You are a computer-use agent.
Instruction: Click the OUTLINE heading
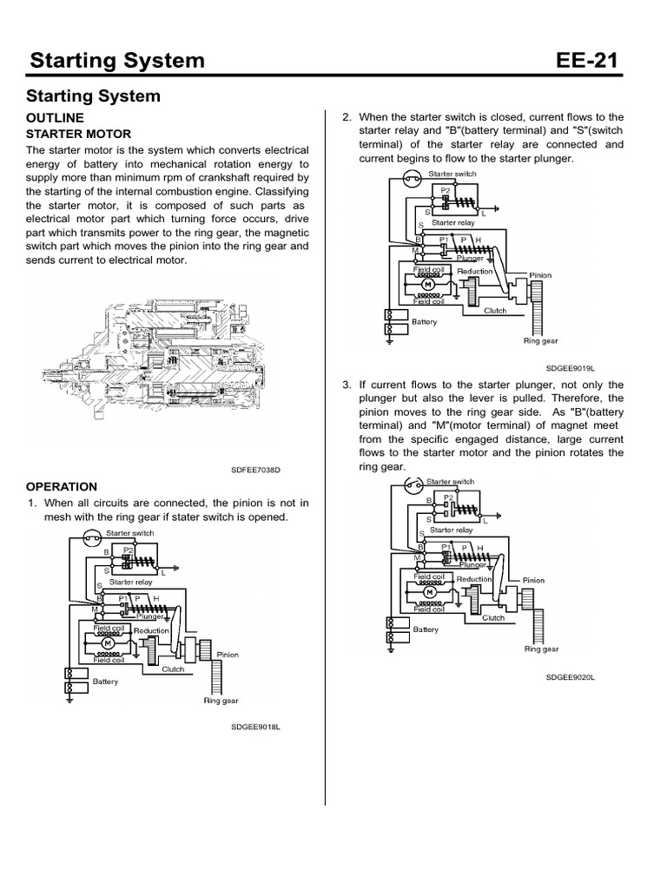click(55, 117)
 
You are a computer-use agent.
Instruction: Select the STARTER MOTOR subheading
click(78, 134)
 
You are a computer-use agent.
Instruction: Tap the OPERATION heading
click(62, 486)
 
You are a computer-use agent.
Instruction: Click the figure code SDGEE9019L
click(570, 367)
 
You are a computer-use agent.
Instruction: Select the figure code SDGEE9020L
click(570, 676)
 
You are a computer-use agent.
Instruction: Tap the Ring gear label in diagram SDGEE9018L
click(221, 700)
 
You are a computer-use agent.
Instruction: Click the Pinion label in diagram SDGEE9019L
click(541, 275)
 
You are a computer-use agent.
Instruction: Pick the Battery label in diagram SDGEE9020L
click(426, 629)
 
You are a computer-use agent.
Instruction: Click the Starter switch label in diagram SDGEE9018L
click(130, 532)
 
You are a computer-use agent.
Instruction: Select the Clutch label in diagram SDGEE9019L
click(495, 310)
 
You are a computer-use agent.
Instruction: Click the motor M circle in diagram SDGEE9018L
click(108, 644)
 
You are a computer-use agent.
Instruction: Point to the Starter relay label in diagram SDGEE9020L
click(452, 529)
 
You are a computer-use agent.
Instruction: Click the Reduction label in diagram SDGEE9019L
click(475, 271)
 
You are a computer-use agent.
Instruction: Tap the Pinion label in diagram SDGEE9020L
click(533, 580)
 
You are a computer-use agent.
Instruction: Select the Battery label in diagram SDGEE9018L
click(105, 682)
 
